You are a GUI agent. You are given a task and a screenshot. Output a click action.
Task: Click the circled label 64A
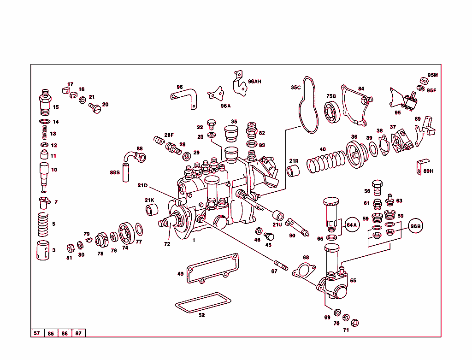pos(352,225)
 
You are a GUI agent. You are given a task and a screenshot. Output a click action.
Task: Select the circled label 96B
pos(416,226)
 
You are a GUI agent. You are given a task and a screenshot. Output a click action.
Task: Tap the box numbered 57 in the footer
pos(37,333)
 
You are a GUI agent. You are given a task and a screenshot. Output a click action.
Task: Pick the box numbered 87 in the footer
pos(78,333)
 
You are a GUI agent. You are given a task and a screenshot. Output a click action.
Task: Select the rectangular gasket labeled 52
pos(203,301)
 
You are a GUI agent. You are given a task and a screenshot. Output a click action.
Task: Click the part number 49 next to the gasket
pos(180,274)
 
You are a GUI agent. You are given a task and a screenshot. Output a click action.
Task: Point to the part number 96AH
pos(254,81)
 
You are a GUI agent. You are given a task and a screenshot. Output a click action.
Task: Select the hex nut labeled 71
pos(354,322)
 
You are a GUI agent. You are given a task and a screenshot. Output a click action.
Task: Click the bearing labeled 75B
pos(331,112)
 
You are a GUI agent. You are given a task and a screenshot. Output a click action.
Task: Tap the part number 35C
pos(295,87)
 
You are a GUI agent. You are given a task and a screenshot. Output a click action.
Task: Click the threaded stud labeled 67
pos(281,266)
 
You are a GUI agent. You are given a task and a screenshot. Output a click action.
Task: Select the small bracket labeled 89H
pos(422,164)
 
